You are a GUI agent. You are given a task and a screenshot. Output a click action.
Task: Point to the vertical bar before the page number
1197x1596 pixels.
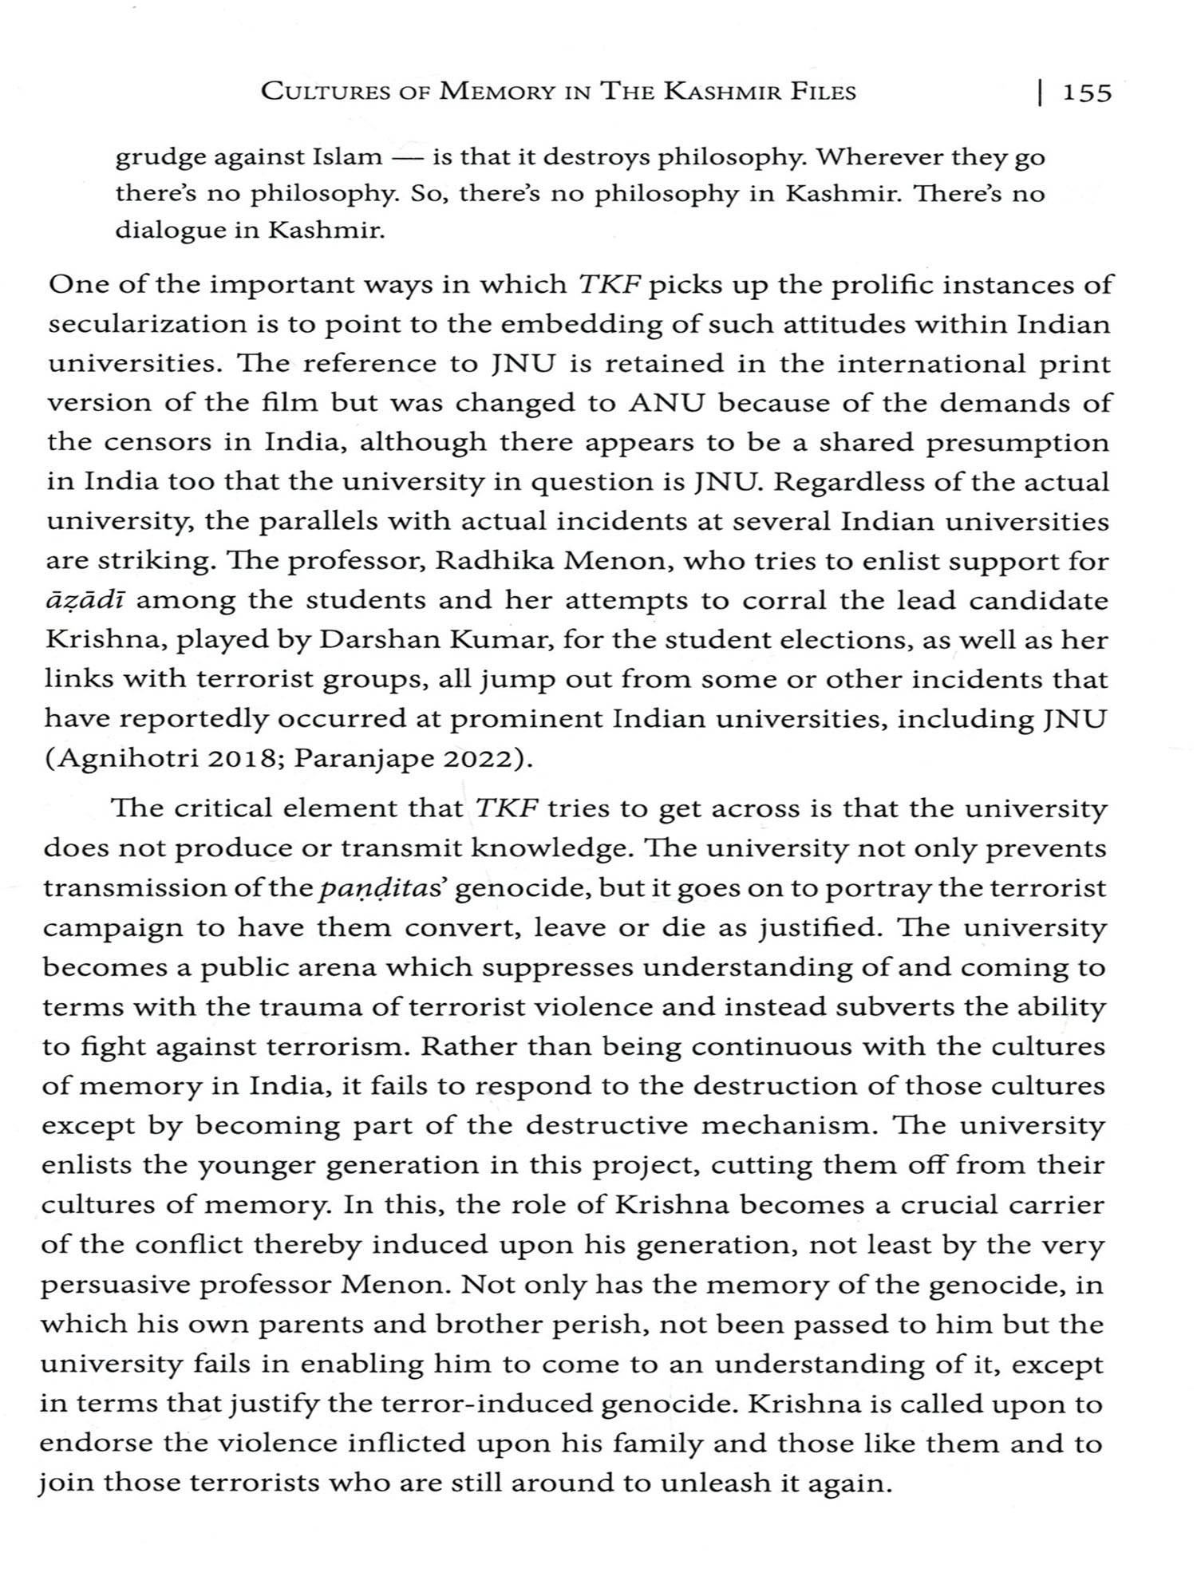pyautogui.click(x=1040, y=93)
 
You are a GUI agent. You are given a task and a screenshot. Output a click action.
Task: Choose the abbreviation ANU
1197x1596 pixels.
pyautogui.click(x=667, y=404)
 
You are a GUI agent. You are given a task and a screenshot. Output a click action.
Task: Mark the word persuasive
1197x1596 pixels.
pyautogui.click(x=119, y=1286)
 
